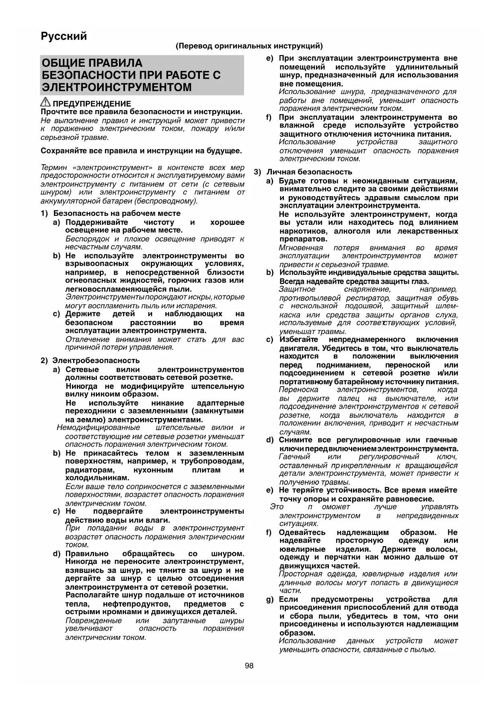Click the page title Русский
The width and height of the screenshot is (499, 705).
(x=64, y=36)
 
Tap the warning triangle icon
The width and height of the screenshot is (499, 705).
(x=45, y=102)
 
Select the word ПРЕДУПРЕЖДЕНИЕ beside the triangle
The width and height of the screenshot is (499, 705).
(x=92, y=104)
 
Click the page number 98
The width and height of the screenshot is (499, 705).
(x=249, y=666)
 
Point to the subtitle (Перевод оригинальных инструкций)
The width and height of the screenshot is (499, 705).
(x=249, y=46)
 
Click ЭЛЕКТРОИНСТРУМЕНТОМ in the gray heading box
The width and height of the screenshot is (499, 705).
(x=117, y=87)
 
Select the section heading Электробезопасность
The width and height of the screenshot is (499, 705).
(x=97, y=361)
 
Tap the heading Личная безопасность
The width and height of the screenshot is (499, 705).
(x=309, y=172)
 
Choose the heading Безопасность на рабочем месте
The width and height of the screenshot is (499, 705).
(x=117, y=213)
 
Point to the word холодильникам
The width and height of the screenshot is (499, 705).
(x=97, y=478)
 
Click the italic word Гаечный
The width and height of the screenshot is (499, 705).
(x=295, y=457)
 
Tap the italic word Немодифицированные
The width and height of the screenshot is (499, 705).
(x=99, y=428)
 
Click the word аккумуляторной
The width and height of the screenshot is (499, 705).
(x=67, y=201)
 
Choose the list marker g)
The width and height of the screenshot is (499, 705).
(x=270, y=599)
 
